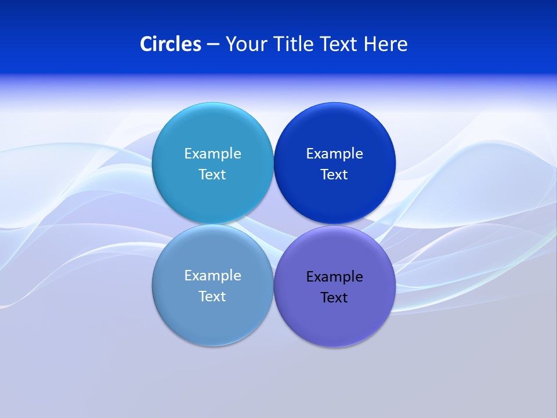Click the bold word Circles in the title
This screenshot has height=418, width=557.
171,44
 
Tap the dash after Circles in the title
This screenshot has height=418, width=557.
213,45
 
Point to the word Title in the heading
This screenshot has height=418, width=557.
288,44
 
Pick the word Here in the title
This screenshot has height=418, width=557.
386,44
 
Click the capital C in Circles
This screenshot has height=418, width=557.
146,44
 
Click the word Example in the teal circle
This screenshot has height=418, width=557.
212,153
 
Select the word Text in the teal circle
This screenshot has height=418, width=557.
212,174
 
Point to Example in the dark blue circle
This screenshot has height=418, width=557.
334,153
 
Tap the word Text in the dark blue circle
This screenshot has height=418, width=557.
334,174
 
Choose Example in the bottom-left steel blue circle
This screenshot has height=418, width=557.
212,275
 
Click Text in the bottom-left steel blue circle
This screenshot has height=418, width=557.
212,296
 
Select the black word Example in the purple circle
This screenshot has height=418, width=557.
334,276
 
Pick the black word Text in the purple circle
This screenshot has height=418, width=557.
334,297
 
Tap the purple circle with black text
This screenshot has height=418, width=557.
334,322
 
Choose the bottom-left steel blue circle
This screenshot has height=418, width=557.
212,322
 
